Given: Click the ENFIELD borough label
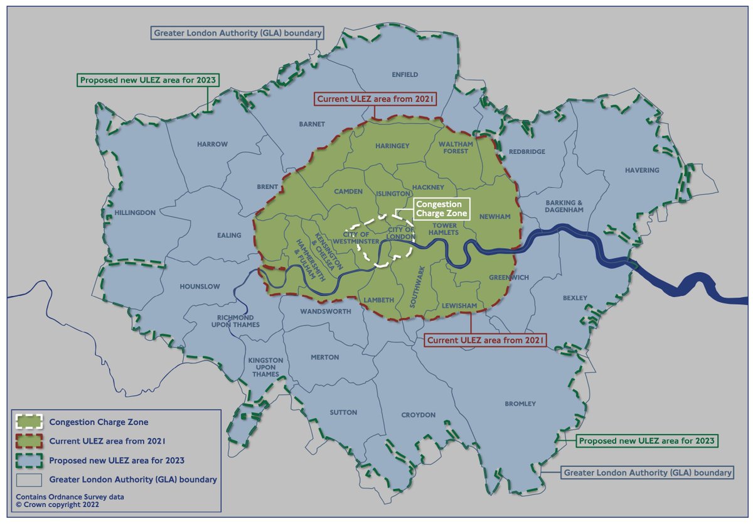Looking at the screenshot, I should coord(405,74).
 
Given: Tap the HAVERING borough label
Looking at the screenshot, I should coord(642,170).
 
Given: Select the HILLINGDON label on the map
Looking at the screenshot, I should coord(134,213).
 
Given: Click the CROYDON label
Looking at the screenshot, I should coord(419,415).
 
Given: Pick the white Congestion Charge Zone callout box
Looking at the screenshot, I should coord(441,209).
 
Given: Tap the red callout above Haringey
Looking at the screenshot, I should coord(375,99).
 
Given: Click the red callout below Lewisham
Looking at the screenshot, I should coord(485,340).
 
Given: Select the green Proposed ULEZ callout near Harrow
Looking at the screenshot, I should coord(142,80).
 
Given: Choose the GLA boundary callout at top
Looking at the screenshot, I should coord(237,33).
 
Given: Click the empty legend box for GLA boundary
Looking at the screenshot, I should coord(29,479).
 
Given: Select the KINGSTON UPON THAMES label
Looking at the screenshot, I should coord(265,367).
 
